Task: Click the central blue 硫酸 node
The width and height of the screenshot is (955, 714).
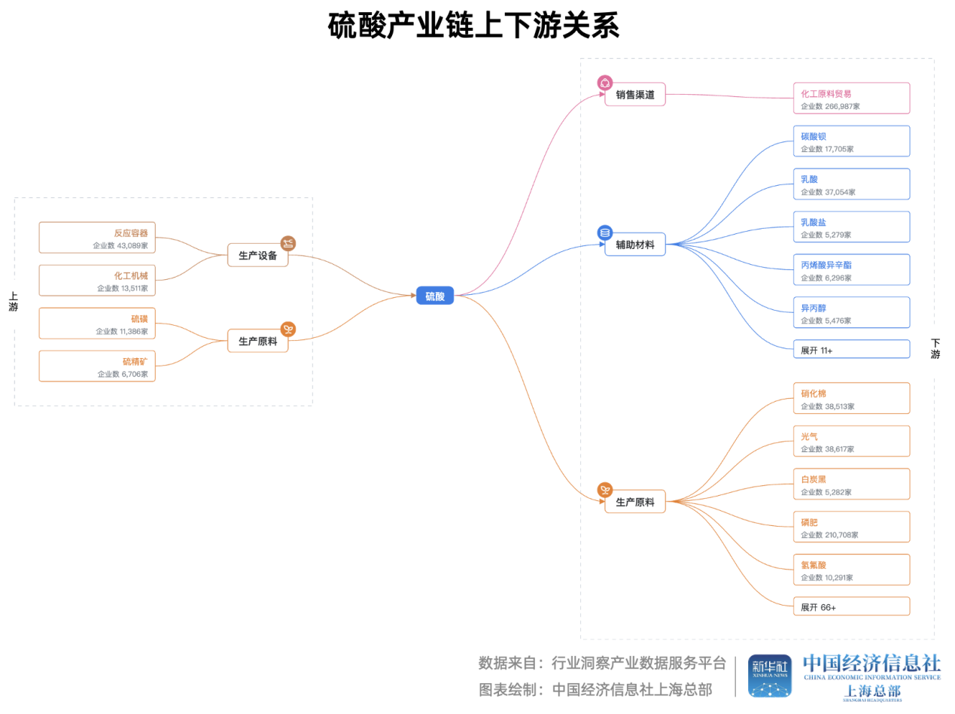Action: point(435,296)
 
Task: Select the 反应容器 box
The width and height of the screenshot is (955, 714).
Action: point(97,237)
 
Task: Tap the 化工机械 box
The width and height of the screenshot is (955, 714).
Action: point(97,280)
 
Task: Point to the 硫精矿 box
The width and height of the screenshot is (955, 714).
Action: point(97,366)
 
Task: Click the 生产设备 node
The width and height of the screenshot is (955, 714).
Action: point(257,255)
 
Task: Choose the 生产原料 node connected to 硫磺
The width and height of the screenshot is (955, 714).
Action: point(257,341)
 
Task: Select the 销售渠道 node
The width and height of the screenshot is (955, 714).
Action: point(635,95)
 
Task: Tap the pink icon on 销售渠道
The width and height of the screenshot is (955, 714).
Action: point(605,83)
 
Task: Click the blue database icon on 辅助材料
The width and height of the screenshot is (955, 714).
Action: point(605,232)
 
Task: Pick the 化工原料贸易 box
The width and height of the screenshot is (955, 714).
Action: point(851,98)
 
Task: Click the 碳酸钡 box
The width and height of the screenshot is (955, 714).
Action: point(851,141)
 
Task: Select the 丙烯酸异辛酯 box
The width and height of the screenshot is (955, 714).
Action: point(851,269)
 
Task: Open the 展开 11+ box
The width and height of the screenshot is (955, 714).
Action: point(851,350)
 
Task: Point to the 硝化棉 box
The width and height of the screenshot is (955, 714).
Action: point(851,398)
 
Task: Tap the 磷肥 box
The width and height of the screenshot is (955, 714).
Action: point(851,527)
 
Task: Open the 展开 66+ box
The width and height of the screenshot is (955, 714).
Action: point(851,606)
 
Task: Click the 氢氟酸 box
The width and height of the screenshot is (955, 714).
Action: point(851,570)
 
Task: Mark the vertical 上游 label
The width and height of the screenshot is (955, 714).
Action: point(13,302)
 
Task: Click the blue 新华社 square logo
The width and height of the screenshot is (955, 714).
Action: point(769,675)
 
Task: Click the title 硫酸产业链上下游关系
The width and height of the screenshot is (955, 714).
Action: point(474,26)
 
